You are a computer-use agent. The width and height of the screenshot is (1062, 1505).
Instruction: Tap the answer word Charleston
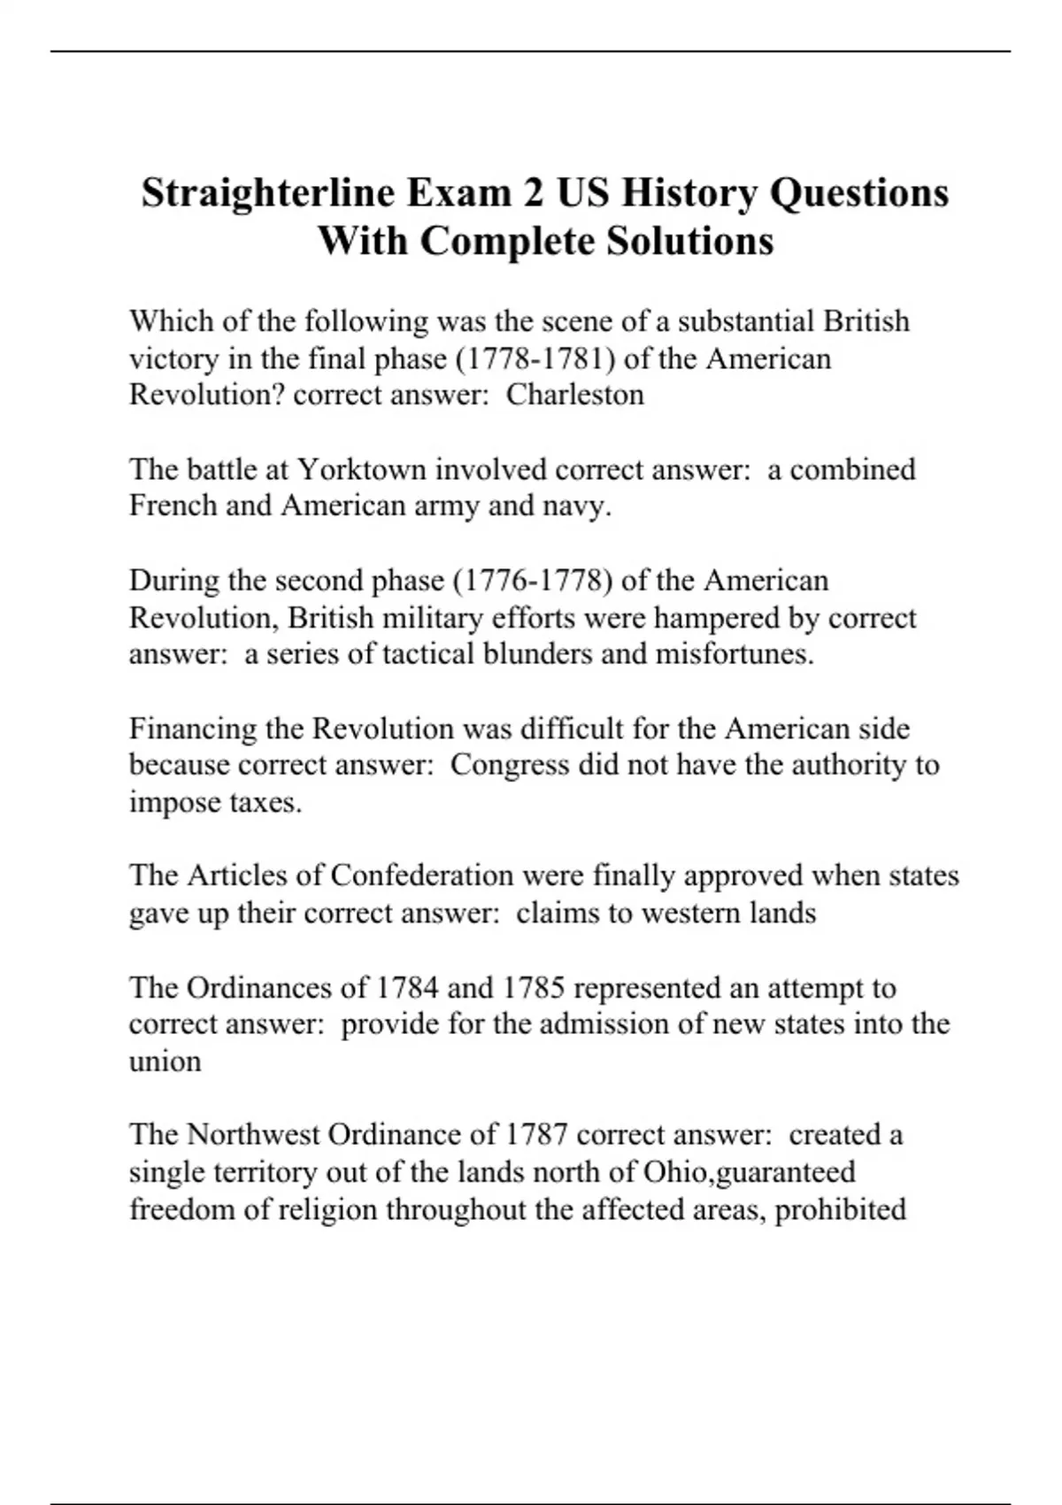(x=574, y=394)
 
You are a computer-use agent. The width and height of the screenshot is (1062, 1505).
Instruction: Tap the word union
(x=165, y=1061)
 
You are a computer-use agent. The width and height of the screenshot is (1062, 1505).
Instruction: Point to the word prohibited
(x=840, y=1209)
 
